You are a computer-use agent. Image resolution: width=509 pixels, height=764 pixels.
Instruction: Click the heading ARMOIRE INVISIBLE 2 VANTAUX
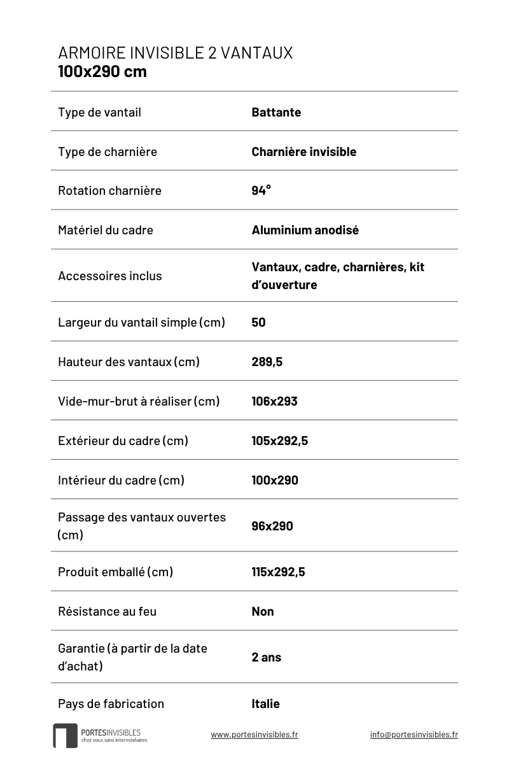175,53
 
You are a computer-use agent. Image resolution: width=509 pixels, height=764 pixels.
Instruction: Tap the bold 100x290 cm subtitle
102,71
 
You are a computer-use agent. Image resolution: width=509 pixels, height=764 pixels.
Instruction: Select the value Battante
276,113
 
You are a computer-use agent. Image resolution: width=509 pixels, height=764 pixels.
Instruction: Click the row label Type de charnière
107,152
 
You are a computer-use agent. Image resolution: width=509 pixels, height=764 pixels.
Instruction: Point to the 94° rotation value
261,190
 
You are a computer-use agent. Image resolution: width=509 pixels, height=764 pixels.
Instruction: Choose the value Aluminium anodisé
305,230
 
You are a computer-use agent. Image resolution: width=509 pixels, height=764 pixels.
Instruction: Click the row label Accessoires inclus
109,276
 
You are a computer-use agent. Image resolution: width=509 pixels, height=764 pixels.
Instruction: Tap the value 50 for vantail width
258,322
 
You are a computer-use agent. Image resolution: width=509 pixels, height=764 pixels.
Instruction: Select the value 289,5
267,362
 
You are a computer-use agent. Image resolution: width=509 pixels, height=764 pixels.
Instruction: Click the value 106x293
274,401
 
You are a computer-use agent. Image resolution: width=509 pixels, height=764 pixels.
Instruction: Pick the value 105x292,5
279,441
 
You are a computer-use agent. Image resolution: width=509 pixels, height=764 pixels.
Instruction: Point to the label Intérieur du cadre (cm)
121,480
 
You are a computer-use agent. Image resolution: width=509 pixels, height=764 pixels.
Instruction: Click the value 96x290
272,526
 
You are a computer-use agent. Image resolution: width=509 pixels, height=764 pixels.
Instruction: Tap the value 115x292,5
278,572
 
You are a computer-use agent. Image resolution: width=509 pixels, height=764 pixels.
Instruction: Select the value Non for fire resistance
263,611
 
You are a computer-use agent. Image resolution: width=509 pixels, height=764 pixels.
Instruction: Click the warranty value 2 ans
266,657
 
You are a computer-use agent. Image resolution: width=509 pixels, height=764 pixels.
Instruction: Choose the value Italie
265,704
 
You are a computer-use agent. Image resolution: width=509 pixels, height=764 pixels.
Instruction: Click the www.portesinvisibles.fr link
254,734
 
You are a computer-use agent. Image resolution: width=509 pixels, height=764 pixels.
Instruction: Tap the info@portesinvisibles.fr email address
414,734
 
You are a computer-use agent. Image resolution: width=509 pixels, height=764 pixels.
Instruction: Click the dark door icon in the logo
65,735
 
